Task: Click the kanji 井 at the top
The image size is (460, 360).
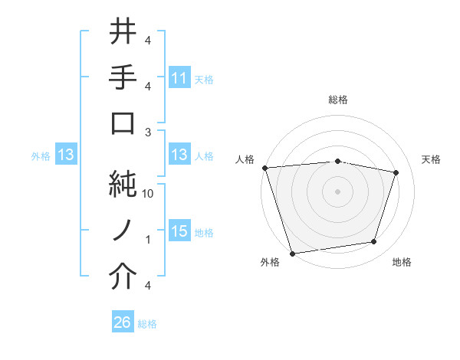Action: tap(123, 32)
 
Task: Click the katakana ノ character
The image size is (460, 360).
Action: tap(123, 231)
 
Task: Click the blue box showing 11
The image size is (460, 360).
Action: tap(179, 78)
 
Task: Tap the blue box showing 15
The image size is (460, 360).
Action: tap(179, 232)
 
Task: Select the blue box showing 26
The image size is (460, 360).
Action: tap(122, 323)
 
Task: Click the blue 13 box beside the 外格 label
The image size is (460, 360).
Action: tap(65, 155)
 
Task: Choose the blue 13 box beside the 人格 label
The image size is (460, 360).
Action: tap(179, 155)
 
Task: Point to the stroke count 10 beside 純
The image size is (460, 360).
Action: tap(148, 194)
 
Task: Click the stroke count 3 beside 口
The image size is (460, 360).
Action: tap(147, 132)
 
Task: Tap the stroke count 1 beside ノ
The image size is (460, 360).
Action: tap(147, 240)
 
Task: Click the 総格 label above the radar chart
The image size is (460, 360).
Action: tap(337, 100)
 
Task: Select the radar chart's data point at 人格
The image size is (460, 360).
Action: tap(264, 168)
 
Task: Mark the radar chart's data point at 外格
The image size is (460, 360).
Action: tap(292, 253)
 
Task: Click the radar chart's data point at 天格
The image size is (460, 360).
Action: tap(396, 172)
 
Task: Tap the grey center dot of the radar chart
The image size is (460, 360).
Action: tap(337, 191)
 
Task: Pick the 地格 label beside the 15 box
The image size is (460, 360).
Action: tap(204, 233)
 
